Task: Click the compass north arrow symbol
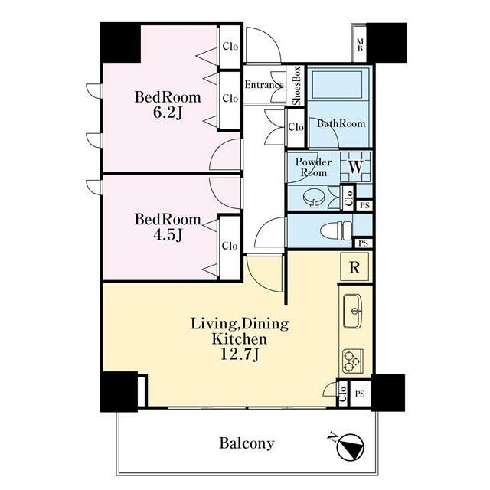[x=351, y=447]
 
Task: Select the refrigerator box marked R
[x=354, y=267]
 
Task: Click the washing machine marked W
[x=355, y=167]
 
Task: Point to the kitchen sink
[x=352, y=311]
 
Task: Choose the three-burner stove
[x=352, y=361]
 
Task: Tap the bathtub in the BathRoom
[x=337, y=84]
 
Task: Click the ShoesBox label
[x=296, y=85]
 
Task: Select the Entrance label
[x=264, y=85]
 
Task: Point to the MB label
[x=360, y=44]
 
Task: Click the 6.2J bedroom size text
[x=168, y=113]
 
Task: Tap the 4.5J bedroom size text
[x=168, y=235]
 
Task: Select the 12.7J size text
[x=240, y=355]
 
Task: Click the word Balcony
[x=247, y=443]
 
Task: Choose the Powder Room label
[x=313, y=167]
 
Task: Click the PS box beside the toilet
[x=363, y=243]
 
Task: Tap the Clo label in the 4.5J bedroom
[x=230, y=246]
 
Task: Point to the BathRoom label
[x=341, y=123]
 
